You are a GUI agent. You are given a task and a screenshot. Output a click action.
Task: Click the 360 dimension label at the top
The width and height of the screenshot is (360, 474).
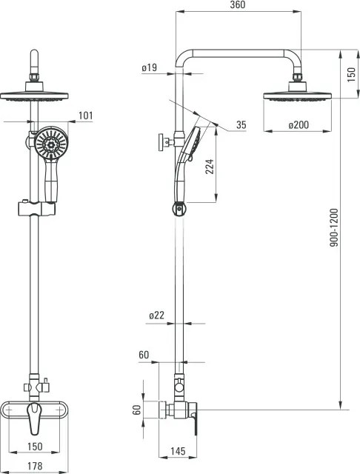238,5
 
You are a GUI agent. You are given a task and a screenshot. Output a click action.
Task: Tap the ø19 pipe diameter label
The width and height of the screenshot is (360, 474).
150,67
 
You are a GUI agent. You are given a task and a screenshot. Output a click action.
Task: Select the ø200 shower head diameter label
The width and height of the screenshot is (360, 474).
299,124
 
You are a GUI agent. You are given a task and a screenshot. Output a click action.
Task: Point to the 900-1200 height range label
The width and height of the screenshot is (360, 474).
334,227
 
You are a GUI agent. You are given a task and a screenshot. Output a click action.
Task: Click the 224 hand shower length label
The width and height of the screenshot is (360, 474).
210,167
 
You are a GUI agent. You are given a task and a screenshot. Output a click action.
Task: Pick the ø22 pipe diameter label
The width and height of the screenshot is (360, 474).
156,316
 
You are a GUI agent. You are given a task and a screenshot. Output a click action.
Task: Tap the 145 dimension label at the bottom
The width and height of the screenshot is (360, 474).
178,451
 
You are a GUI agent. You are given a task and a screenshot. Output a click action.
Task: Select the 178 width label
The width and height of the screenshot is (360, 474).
35,466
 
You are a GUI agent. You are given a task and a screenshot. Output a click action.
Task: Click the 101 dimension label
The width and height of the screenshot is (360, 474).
85,116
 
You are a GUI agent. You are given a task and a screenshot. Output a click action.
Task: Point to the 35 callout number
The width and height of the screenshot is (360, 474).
241,124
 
